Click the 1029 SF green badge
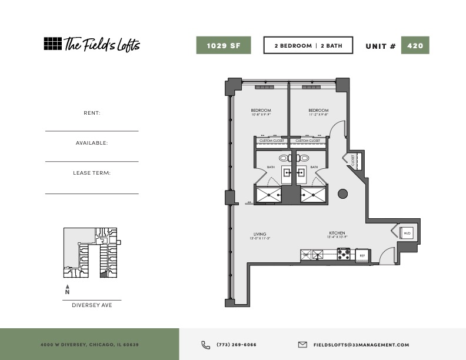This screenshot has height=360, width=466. (224, 45)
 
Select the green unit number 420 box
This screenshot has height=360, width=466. (415, 45)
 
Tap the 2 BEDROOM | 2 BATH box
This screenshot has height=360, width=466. (308, 45)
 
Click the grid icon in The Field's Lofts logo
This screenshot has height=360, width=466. (52, 44)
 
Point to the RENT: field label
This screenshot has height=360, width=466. (92, 112)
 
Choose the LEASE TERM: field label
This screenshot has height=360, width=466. (92, 173)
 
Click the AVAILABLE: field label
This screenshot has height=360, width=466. (92, 143)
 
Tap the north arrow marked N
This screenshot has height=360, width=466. (67, 289)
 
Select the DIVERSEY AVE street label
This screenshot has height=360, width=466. (92, 305)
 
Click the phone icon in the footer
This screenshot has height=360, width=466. (205, 345)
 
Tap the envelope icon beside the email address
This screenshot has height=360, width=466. (302, 345)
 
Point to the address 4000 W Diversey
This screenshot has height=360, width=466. (89, 345)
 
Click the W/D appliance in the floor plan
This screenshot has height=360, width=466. (407, 234)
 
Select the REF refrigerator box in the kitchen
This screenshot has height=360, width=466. (362, 255)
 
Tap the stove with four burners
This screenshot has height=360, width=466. (345, 255)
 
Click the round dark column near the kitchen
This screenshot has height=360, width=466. (342, 193)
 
